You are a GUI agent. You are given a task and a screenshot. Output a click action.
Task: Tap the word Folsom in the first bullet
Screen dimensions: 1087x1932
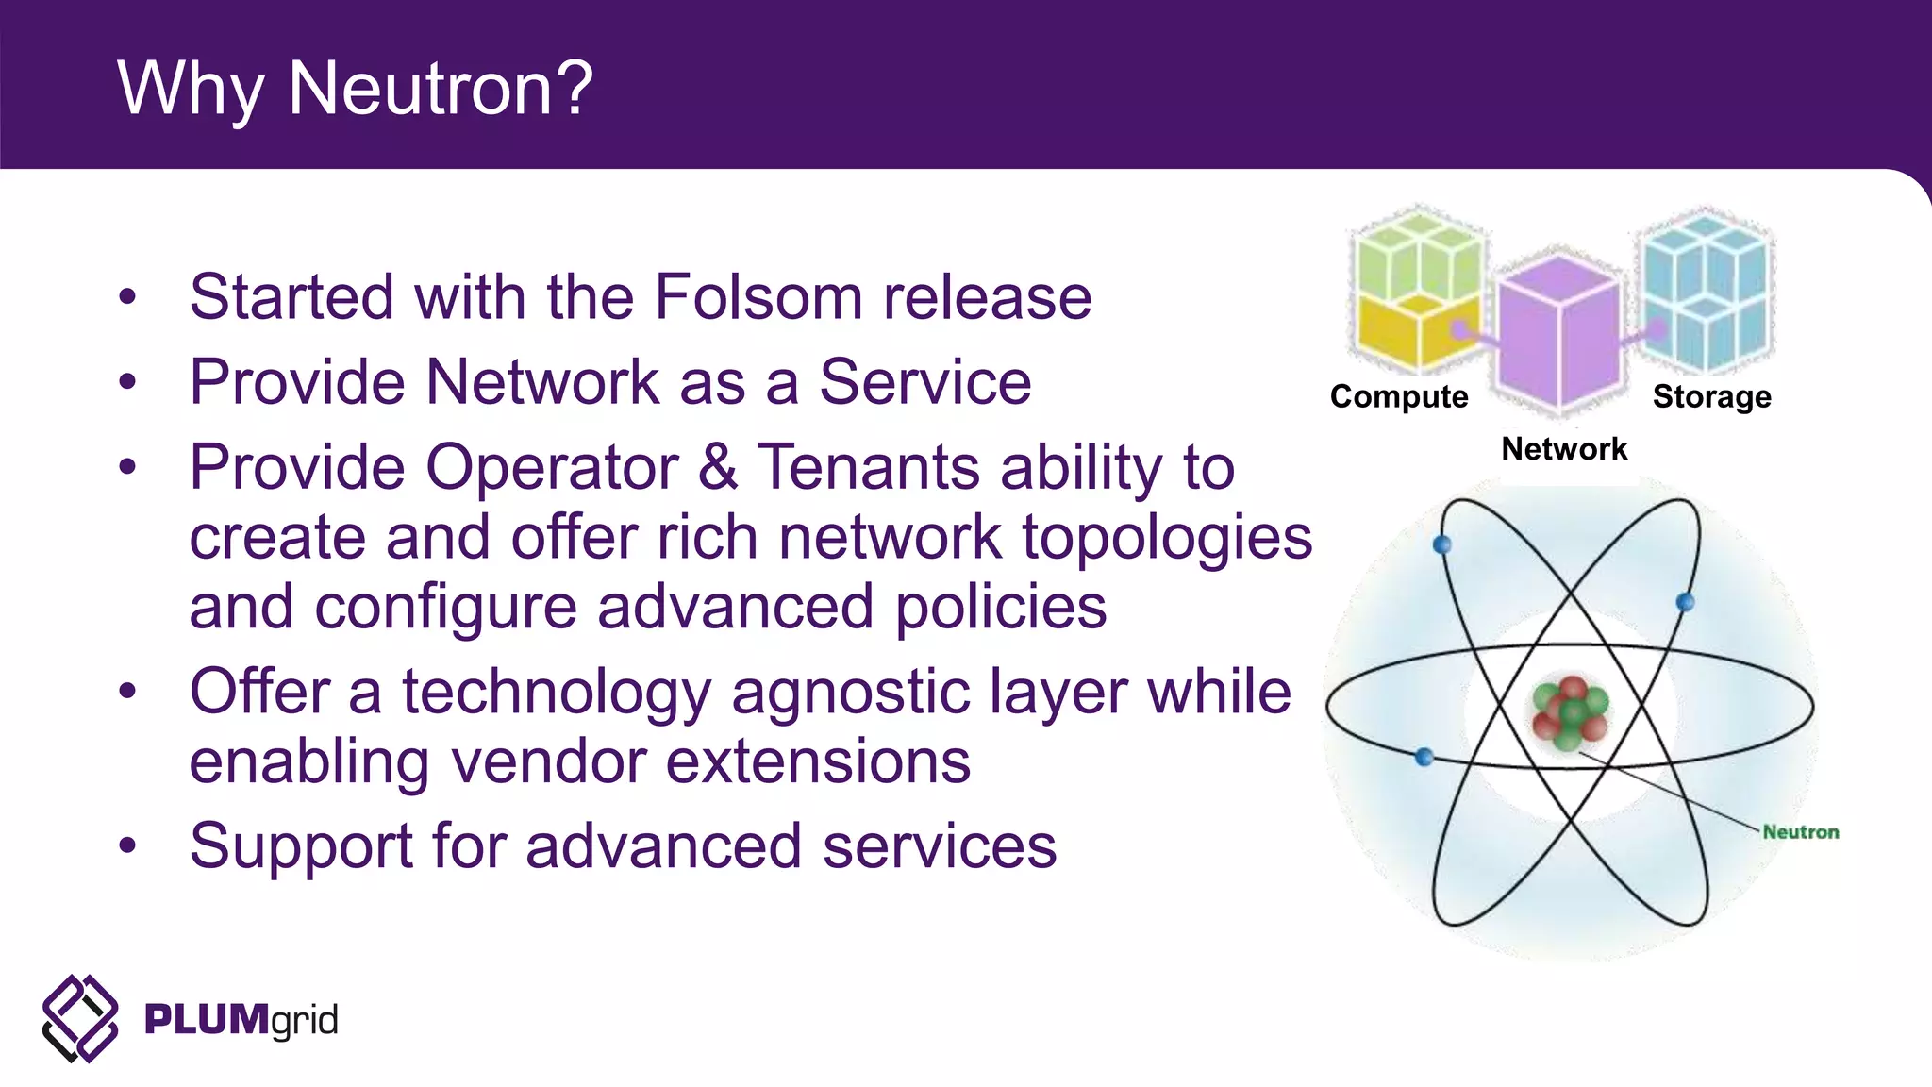tap(758, 297)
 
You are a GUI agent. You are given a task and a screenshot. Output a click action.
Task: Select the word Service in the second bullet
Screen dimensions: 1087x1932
tap(924, 382)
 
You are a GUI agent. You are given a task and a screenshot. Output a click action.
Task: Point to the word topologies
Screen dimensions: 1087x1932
tap(1167, 538)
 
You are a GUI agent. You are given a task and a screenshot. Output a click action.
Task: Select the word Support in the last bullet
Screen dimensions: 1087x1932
tap(301, 846)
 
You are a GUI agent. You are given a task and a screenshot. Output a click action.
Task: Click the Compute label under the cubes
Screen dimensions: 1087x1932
tap(1399, 396)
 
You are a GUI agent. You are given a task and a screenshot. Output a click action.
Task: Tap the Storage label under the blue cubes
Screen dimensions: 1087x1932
tap(1711, 396)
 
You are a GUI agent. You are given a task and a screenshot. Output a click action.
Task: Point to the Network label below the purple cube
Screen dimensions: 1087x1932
tap(1564, 449)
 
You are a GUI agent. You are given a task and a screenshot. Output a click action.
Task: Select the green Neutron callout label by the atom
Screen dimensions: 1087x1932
tap(1800, 832)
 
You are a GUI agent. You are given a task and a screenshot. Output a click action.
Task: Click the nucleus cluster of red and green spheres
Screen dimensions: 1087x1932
tap(1570, 712)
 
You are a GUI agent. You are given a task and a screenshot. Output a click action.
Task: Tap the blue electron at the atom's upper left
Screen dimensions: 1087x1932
tap(1441, 544)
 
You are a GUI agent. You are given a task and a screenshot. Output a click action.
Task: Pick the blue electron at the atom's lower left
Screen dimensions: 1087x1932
tap(1424, 756)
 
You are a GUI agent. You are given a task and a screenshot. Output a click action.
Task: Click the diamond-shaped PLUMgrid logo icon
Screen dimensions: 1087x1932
tap(80, 1019)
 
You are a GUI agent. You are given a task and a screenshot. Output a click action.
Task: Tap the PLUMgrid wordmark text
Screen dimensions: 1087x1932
tap(241, 1020)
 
